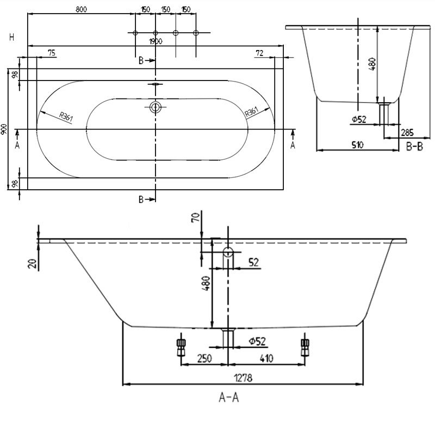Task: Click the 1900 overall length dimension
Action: coord(156,41)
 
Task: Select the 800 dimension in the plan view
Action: coord(80,9)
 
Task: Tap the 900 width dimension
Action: coord(4,129)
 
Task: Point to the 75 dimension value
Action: coord(51,52)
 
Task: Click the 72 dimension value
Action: coord(259,52)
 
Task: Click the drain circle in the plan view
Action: coord(156,107)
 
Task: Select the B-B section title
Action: coord(415,146)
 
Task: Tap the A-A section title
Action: coord(229,397)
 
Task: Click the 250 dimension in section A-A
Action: coord(204,358)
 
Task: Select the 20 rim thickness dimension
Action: coord(33,263)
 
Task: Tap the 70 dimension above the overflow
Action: coord(196,219)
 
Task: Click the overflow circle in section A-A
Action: coord(227,252)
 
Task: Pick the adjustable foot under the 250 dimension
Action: coord(181,346)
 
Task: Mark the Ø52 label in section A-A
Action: coord(257,341)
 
